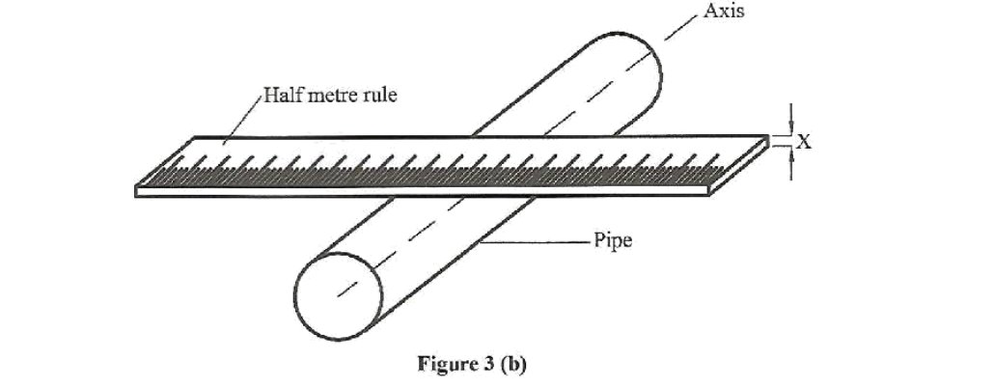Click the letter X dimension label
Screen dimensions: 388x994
(804, 142)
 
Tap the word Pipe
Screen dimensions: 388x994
(613, 240)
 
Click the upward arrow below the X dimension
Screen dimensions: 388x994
(791, 165)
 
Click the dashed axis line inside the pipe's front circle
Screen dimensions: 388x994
(347, 283)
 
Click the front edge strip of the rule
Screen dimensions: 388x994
(425, 192)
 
